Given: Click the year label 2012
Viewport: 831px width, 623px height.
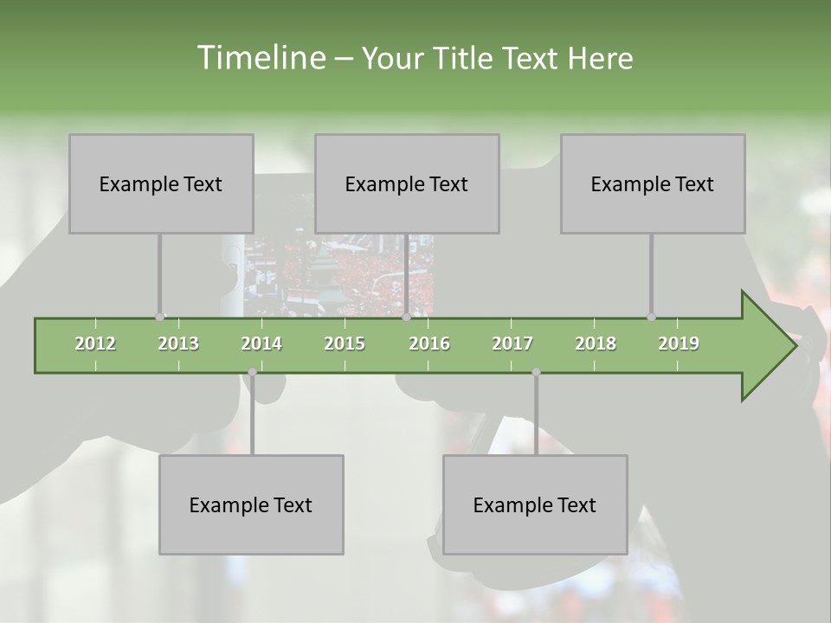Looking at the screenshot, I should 95,344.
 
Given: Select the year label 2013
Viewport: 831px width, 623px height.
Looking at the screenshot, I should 178,344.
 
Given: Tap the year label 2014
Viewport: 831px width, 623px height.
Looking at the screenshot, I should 261,344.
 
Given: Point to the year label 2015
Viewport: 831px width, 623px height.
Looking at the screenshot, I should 345,344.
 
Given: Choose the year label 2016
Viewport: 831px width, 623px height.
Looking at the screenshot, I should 429,344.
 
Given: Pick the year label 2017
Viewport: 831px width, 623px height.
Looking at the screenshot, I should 512,344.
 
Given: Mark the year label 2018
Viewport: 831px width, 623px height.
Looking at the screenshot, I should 596,344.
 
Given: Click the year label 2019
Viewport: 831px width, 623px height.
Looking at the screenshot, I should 679,344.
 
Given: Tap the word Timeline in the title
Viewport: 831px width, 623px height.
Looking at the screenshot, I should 260,58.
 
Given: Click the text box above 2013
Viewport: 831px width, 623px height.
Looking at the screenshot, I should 161,183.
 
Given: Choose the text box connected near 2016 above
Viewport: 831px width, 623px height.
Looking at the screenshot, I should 407,183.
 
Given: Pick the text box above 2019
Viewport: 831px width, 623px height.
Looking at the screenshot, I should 653,183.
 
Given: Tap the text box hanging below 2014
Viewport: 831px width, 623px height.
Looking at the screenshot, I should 251,504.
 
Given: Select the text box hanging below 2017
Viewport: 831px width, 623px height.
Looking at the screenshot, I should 535,504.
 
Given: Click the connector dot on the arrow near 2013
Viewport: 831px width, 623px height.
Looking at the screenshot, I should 159,317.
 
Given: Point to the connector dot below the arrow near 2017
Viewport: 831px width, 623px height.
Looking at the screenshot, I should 536,372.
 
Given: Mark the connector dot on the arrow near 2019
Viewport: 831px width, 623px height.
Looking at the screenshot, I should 651,317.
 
